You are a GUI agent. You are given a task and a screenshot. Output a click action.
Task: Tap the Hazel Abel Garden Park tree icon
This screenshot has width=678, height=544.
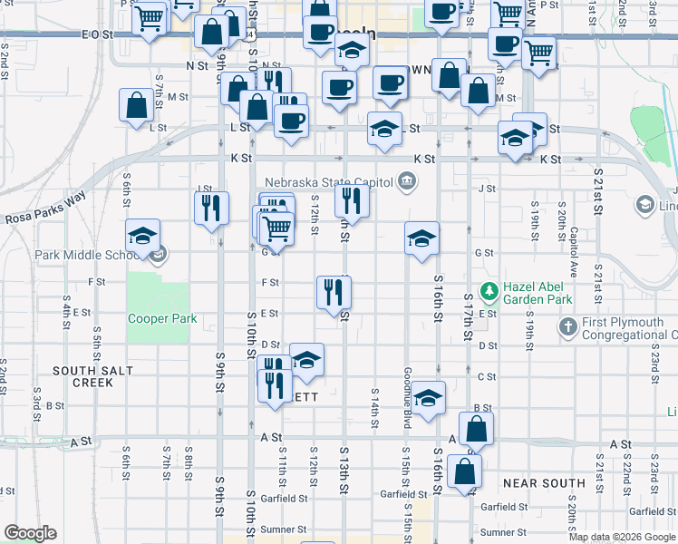tap(489, 291)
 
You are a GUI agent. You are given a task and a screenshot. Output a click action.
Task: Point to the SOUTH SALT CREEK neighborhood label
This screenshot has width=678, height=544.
tap(94, 376)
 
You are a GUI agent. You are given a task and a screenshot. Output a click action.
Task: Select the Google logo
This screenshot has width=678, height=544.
tap(30, 533)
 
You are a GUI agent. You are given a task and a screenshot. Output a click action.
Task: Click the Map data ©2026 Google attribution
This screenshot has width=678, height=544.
tap(622, 537)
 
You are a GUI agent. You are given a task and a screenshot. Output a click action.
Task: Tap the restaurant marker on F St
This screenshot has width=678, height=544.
tap(334, 290)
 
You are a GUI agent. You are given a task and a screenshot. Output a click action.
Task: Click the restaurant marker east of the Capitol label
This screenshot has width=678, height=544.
tap(352, 200)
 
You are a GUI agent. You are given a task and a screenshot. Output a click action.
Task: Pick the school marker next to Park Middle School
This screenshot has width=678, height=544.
tap(142, 237)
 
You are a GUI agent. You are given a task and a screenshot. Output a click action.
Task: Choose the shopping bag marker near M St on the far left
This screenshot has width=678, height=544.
tap(136, 104)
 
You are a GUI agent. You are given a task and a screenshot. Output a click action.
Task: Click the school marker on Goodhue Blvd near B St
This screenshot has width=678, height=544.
tap(428, 397)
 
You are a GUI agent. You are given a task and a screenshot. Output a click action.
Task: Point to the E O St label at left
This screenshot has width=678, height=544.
tap(95, 34)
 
